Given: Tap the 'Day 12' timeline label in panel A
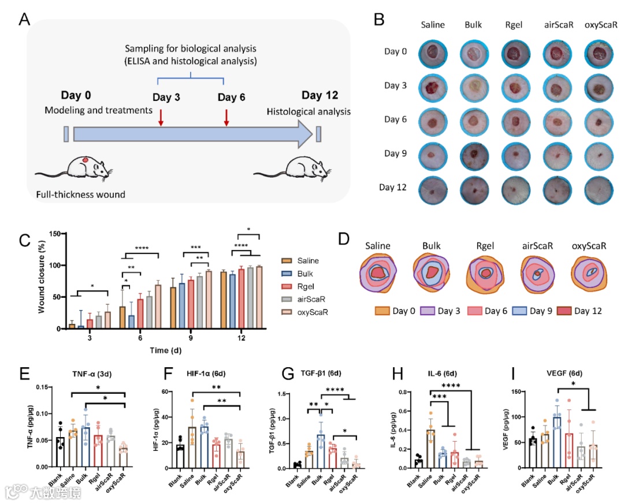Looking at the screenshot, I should [320, 96].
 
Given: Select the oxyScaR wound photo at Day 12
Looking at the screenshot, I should [595, 189].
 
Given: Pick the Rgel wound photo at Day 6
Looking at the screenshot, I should [513, 122].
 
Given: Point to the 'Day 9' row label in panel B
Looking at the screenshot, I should [396, 154].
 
